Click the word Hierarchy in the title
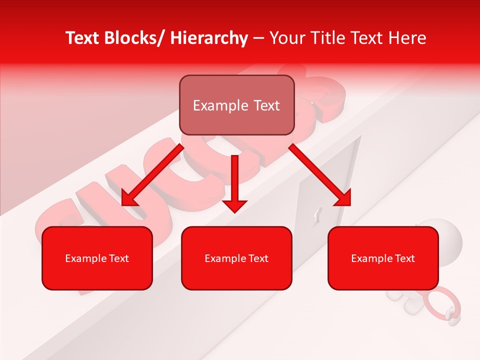[209, 38]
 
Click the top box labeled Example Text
[236, 105]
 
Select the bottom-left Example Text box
[97, 258]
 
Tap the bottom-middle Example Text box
[236, 258]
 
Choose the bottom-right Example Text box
[383, 258]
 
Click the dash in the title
[258, 38]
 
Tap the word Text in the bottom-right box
[404, 258]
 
